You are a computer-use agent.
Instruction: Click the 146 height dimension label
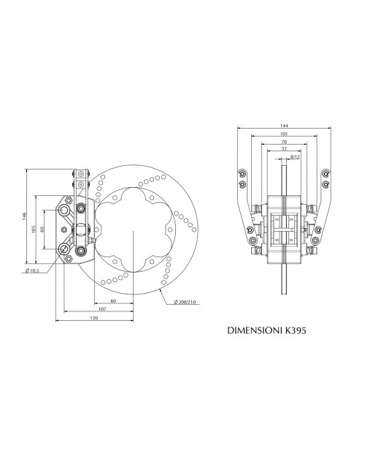click(x=24, y=215)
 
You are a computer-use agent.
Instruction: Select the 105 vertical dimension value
click(x=33, y=229)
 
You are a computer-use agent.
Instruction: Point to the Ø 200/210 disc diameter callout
click(x=185, y=303)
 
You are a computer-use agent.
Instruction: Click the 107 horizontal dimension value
click(x=103, y=310)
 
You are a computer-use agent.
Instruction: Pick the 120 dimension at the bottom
click(x=94, y=319)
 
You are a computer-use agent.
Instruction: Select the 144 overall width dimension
click(x=285, y=126)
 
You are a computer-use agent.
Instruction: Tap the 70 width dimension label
click(x=284, y=142)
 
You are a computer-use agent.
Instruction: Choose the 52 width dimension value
click(x=284, y=150)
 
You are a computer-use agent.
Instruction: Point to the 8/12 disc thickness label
click(x=294, y=157)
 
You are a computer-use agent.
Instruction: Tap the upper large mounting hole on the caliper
click(x=65, y=210)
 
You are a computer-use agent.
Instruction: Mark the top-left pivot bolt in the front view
click(x=242, y=174)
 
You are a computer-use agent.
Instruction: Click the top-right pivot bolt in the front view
click(x=326, y=174)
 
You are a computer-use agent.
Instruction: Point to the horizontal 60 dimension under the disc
click(x=113, y=300)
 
